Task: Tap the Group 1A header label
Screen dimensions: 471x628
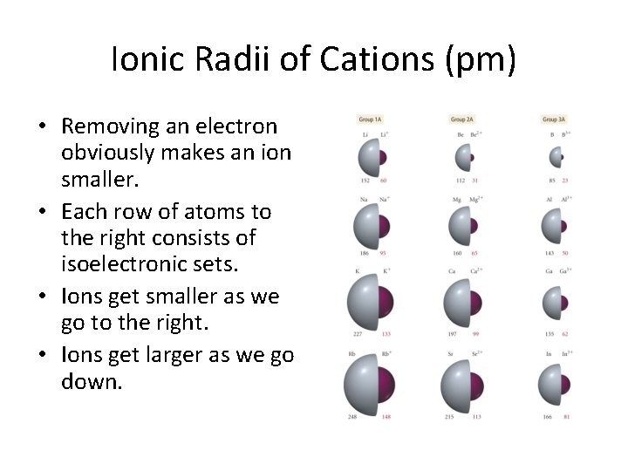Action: point(370,119)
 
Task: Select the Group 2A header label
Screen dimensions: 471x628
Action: point(461,119)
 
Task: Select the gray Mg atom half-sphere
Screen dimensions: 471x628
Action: point(458,228)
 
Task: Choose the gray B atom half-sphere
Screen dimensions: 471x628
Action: point(555,157)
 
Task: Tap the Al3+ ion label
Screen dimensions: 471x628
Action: point(565,199)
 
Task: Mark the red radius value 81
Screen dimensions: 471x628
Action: point(566,417)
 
